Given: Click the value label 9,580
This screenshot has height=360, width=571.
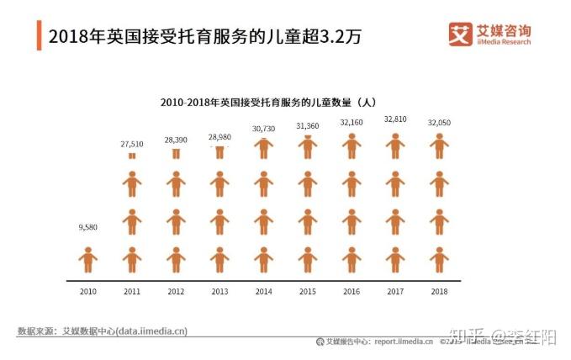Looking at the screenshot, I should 88,226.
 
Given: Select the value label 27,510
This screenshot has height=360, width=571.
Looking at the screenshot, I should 132,144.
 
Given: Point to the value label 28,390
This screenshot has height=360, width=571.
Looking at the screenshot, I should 176,140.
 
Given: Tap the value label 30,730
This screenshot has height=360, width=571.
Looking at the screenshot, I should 263,129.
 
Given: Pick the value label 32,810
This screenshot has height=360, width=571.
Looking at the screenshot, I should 394,119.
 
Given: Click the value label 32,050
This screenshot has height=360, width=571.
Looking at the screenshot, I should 438,123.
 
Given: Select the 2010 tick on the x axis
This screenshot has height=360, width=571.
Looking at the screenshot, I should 88,291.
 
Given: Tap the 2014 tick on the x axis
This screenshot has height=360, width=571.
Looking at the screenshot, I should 263,291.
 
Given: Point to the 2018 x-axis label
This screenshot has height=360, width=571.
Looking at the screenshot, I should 438,291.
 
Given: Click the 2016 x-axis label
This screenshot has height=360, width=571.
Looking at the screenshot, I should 351,291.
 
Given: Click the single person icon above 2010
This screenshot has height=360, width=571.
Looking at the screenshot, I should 88,260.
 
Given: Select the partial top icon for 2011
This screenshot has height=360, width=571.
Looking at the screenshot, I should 132,156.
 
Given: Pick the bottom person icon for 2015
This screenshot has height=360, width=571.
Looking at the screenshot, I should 307,260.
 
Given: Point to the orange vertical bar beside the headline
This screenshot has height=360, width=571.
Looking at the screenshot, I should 39,36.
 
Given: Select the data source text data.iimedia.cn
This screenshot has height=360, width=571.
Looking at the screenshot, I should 151,331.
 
